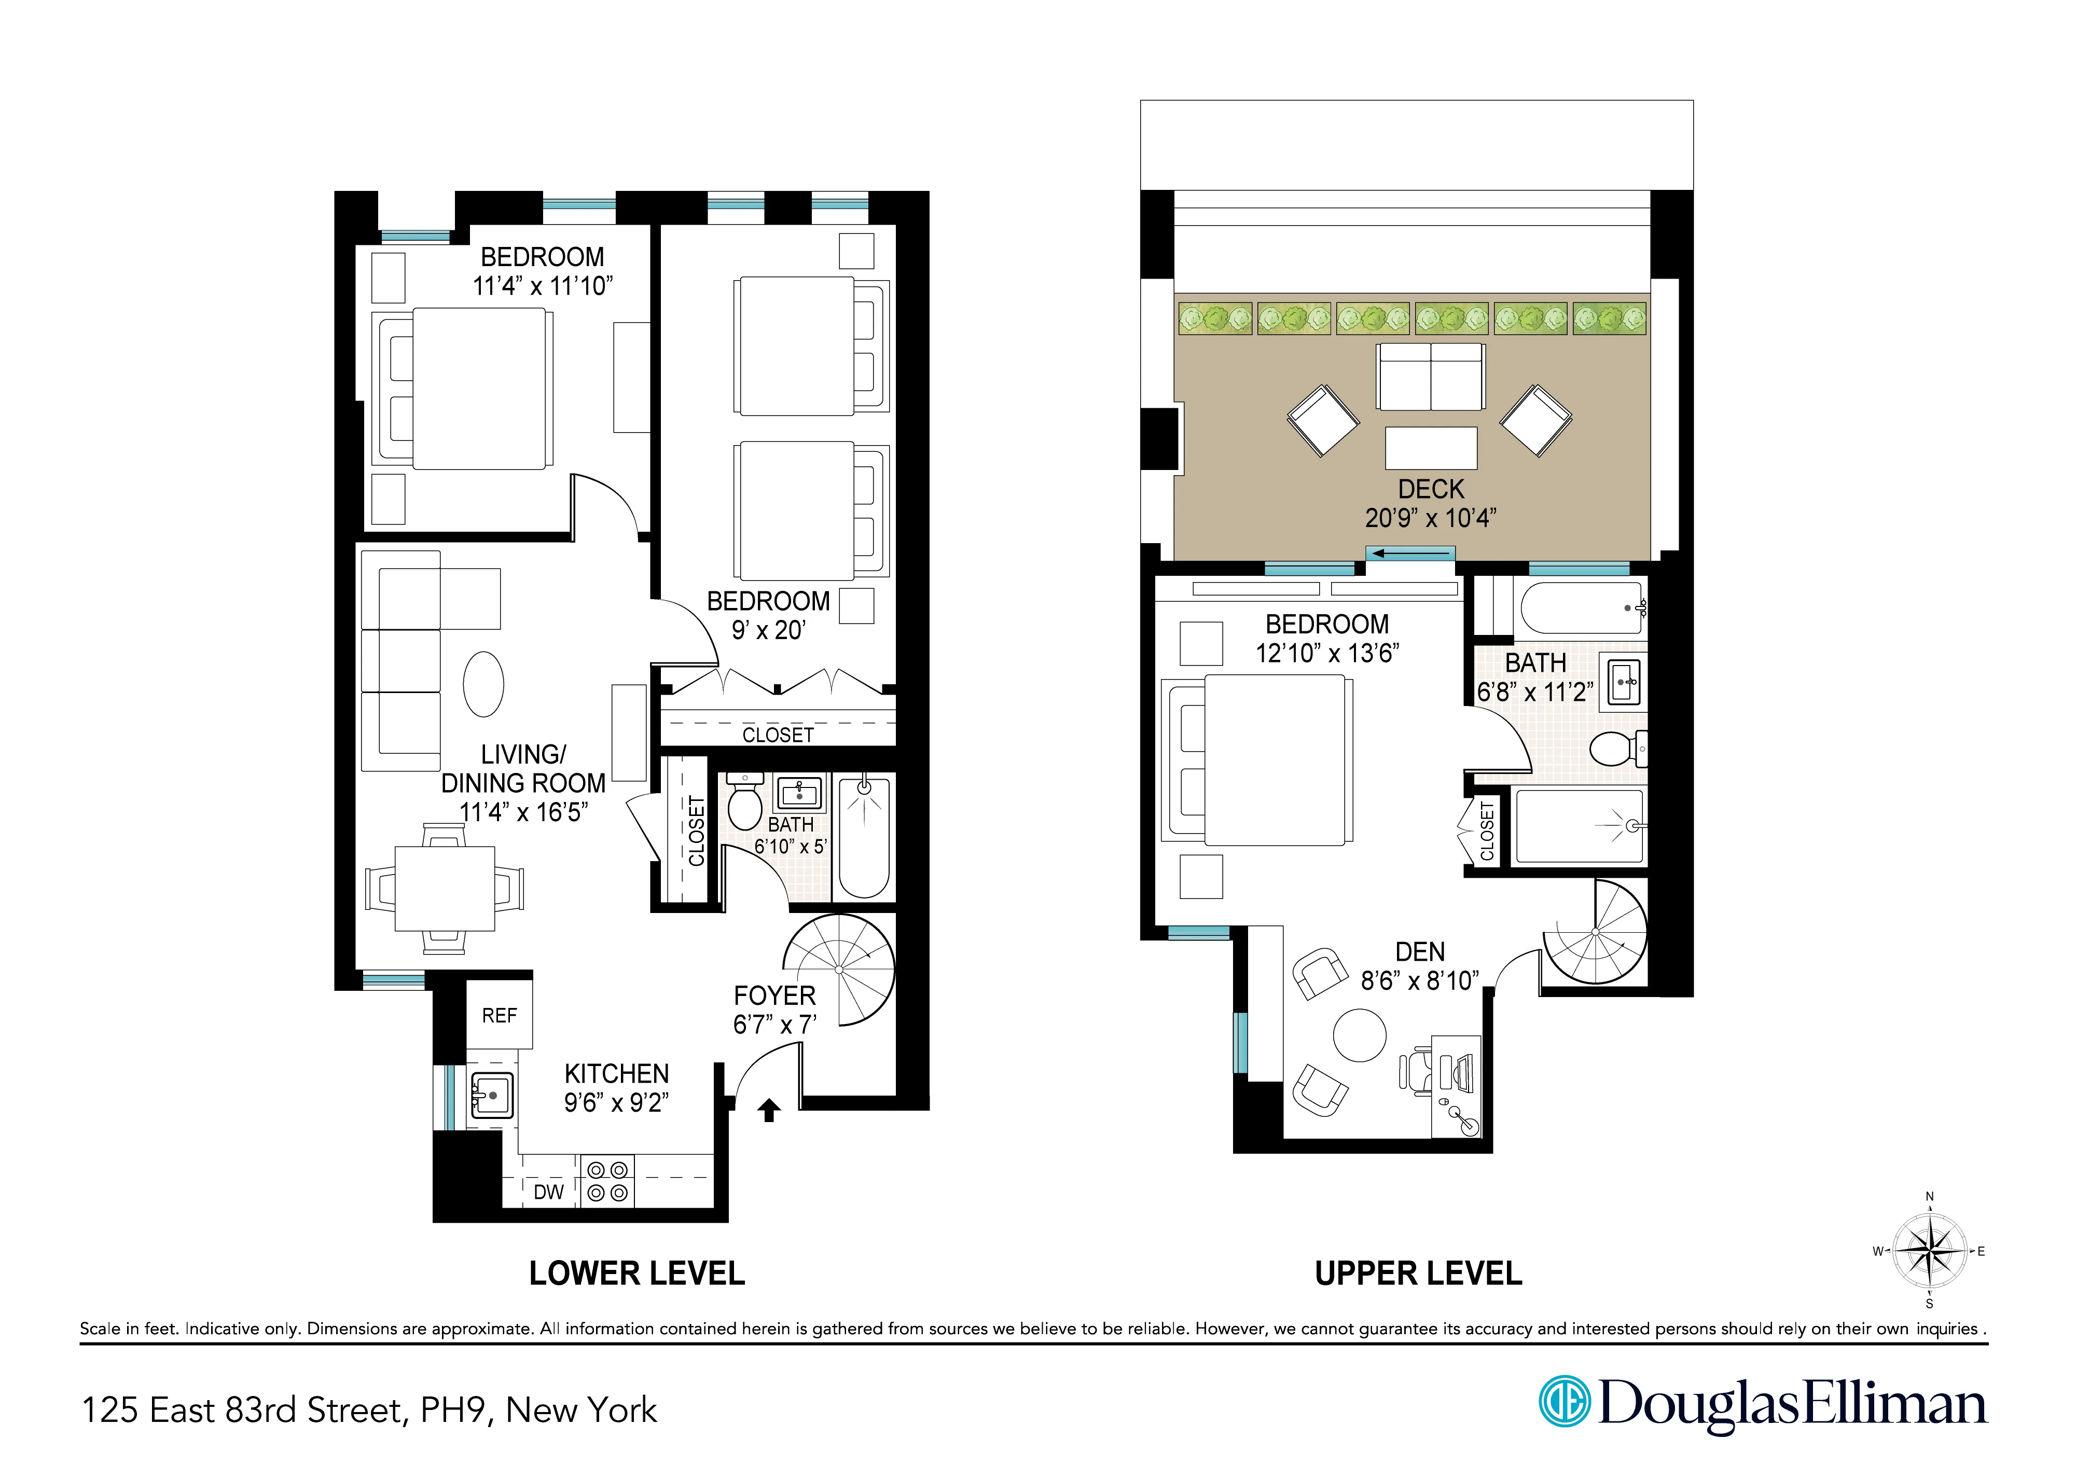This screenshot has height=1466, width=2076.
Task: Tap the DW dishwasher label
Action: [548, 1192]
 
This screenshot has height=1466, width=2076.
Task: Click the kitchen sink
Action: [491, 1095]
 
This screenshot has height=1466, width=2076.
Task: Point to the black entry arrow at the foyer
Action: [769, 1110]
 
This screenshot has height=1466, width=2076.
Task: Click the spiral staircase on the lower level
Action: [839, 970]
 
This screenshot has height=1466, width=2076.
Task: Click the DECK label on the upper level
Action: [1430, 489]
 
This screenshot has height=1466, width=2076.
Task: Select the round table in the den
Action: [1359, 1034]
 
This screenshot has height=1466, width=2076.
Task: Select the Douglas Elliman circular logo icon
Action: [1564, 1402]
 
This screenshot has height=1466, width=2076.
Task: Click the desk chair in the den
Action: [1416, 1071]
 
